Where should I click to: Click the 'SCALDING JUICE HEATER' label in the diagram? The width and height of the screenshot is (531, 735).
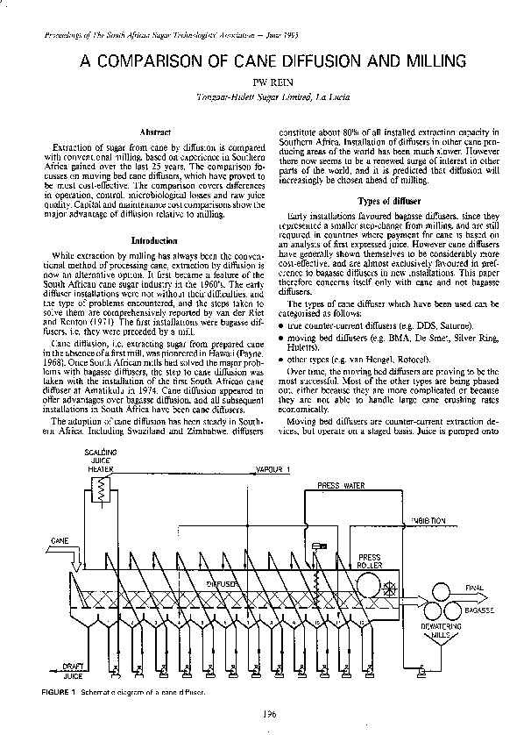click(x=99, y=460)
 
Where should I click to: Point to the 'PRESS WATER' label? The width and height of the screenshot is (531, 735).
click(x=341, y=484)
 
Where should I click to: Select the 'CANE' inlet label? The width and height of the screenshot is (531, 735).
click(x=60, y=540)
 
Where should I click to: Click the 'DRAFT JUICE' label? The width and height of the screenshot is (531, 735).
click(x=72, y=670)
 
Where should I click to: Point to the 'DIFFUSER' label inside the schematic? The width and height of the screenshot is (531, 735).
click(x=221, y=582)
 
